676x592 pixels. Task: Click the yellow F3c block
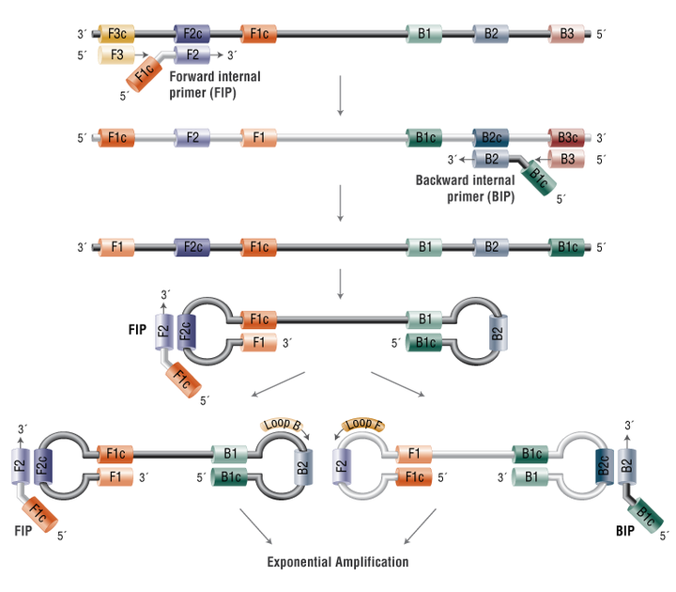[x=116, y=34]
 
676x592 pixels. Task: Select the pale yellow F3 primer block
[x=116, y=55]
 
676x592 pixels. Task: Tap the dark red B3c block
[x=566, y=137]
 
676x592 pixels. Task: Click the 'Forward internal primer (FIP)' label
[x=215, y=85]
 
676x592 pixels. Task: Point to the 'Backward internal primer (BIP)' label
[x=465, y=188]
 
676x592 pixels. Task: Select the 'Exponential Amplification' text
[x=338, y=562]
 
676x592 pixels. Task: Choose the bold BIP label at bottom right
[x=624, y=531]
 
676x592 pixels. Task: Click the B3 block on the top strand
[x=566, y=34]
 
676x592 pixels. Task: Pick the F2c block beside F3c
[x=192, y=34]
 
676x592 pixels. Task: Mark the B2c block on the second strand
[x=491, y=137]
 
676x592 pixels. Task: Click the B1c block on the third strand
[x=566, y=247]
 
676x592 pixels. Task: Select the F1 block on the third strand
[x=116, y=247]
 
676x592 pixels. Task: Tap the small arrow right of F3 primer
[x=142, y=55]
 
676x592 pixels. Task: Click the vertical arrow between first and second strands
[x=340, y=95]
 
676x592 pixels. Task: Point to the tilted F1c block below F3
[x=144, y=74]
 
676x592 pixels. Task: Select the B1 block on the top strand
[x=424, y=34]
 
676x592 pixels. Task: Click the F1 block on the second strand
[x=259, y=137]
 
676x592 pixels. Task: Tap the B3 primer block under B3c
[x=566, y=159]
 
